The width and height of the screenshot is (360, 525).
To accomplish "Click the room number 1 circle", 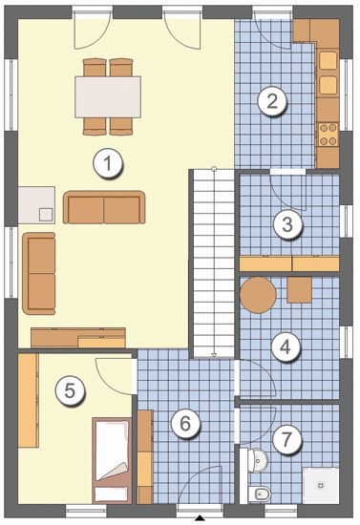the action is [x=108, y=163].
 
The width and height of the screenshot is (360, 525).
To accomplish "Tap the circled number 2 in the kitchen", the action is [x=272, y=101].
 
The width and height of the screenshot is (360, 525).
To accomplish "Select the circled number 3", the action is [x=287, y=224].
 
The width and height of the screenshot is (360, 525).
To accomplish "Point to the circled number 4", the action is [x=286, y=347].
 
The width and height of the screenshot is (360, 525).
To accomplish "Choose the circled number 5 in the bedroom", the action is [x=70, y=390].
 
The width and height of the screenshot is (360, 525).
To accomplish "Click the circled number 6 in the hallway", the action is [x=185, y=423].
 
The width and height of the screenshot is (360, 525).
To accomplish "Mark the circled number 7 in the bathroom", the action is [x=286, y=439].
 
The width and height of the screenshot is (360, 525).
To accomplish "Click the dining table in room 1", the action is [x=108, y=97].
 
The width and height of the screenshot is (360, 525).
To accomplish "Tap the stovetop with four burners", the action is [x=328, y=135].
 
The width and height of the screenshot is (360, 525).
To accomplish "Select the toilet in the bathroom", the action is [x=259, y=493].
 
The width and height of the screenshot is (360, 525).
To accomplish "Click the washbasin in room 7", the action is [x=258, y=460].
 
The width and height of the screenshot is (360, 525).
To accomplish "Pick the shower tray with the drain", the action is [x=321, y=485].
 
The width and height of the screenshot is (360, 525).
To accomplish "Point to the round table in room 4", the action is [x=258, y=295].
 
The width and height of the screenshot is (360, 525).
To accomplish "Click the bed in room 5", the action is [x=112, y=460].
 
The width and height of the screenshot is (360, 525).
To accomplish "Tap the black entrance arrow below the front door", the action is [x=200, y=518].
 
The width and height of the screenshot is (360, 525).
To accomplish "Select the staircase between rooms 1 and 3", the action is [x=214, y=263].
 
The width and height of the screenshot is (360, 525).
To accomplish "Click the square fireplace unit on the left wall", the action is [x=36, y=205].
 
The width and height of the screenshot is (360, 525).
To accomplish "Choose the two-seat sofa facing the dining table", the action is [x=104, y=207].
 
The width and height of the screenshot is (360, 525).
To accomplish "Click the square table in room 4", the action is [x=300, y=290].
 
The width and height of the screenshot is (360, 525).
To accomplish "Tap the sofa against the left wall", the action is [x=39, y=274].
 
